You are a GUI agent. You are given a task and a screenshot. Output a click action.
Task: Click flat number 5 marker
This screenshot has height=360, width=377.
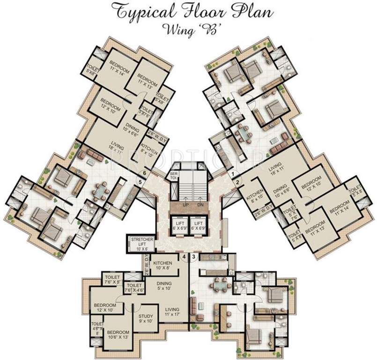pos(139,180)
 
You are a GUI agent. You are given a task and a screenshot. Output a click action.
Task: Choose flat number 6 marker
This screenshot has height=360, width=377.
pos(145,173)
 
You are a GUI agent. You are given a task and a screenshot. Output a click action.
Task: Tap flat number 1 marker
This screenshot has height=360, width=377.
pos(232,174)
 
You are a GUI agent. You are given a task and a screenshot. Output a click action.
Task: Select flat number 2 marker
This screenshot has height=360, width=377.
pos(237,181)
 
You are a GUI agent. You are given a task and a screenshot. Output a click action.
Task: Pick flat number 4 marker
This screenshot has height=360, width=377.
pos(185,256)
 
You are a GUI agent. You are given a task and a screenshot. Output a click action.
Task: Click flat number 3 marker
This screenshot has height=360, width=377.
pos(193,256)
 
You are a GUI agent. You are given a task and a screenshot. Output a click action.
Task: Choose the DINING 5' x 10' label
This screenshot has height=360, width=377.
pos(164,286)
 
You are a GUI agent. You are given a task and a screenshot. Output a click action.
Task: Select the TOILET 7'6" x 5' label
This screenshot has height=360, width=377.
pos(112,279)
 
